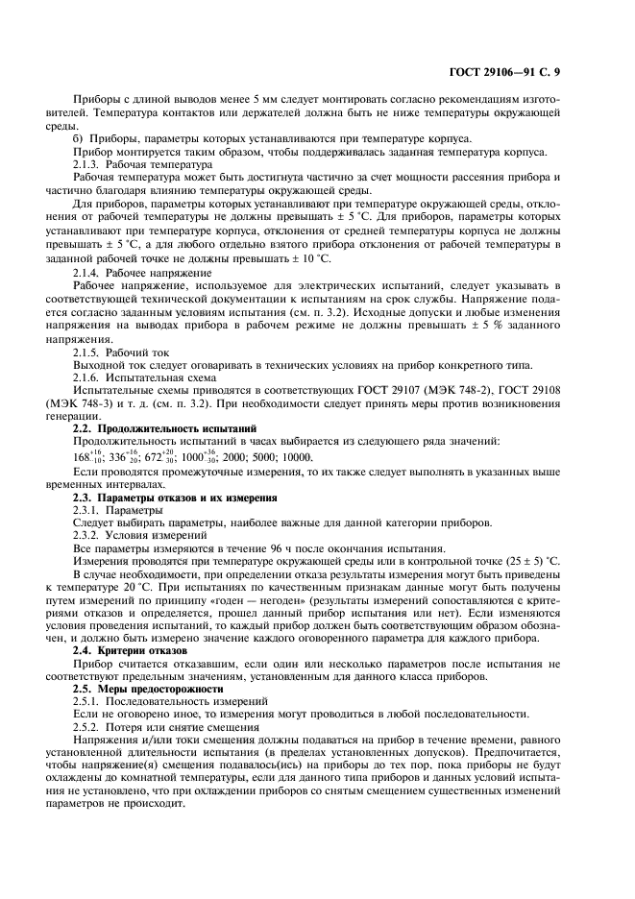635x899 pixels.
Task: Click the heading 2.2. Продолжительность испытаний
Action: [x=152, y=425]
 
